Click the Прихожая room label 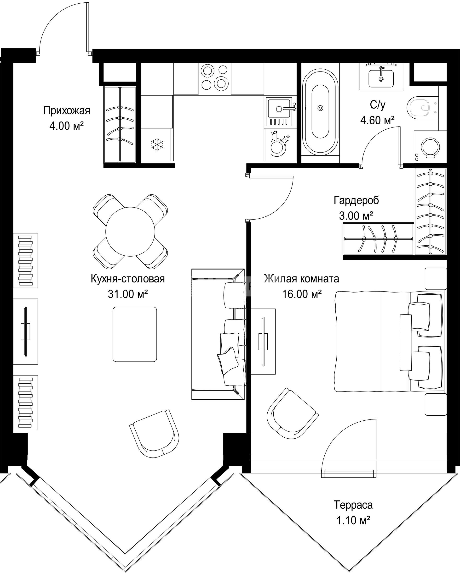point(67,110)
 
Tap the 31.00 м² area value point(128,294)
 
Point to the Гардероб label point(356,200)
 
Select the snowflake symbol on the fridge point(157,145)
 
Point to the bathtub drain point(320,108)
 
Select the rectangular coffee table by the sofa point(135,334)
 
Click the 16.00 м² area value point(302,294)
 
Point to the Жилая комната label point(302,279)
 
